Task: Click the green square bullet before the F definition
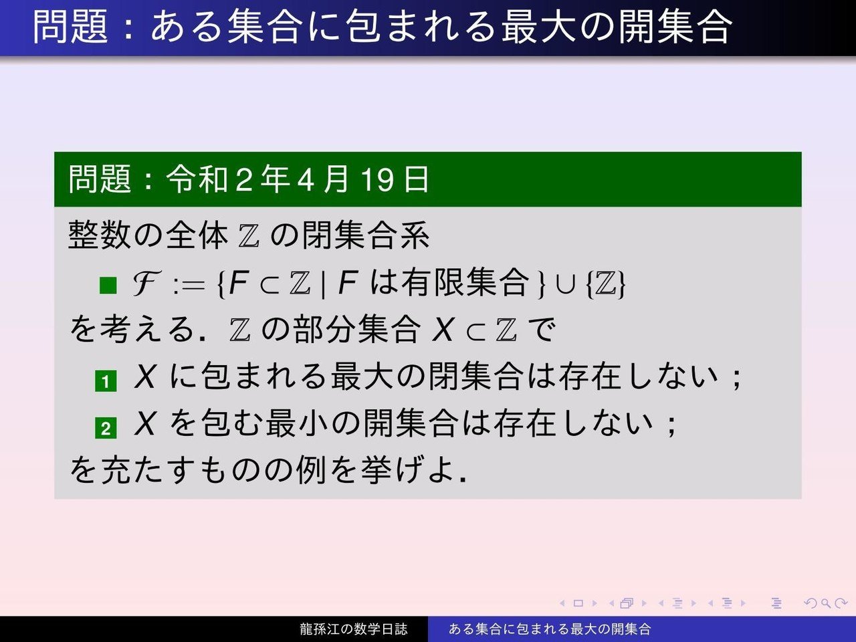(108, 285)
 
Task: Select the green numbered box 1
(106, 381)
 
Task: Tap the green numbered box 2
(106, 428)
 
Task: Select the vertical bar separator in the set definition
(323, 285)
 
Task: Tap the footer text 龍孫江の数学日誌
(353, 629)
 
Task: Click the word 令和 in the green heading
(197, 179)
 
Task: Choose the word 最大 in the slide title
(538, 27)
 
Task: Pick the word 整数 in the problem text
(100, 234)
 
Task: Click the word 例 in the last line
(311, 469)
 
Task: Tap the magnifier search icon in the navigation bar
(825, 604)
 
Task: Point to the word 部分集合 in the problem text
(357, 330)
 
